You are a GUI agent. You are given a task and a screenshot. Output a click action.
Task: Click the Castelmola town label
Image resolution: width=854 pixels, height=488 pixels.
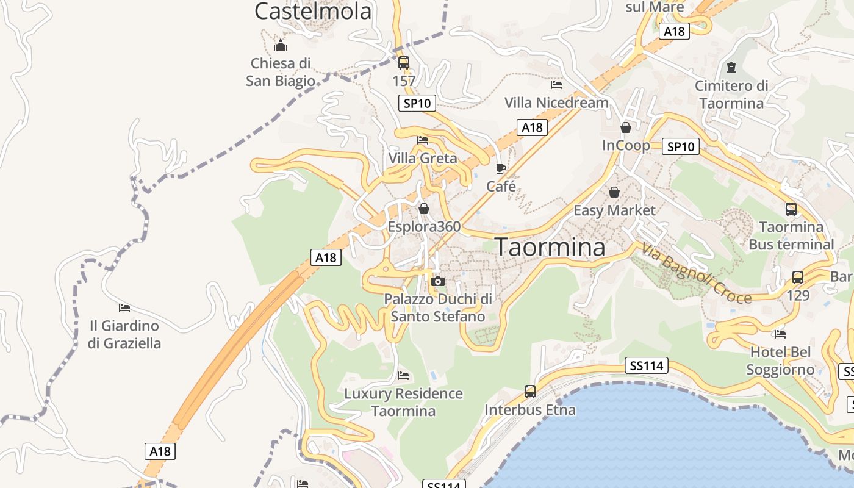313,11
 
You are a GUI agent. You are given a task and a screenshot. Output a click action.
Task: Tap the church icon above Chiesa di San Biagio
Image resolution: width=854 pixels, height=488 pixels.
281,45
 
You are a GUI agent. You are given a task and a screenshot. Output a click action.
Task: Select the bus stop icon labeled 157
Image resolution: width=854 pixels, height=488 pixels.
403,63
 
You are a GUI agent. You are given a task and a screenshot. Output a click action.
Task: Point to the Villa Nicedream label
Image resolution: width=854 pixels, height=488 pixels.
556,102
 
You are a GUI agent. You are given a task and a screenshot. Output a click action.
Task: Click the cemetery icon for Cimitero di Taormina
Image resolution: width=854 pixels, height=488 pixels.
731,67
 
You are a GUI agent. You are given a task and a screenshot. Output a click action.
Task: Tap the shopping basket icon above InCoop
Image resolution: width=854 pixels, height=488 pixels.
626,127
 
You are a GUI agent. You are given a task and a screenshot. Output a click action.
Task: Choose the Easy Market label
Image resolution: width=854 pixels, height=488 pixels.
614,210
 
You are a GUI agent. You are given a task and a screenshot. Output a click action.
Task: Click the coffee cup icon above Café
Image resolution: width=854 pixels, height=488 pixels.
501,168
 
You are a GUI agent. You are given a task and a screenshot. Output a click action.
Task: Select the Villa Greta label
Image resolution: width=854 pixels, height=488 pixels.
423,159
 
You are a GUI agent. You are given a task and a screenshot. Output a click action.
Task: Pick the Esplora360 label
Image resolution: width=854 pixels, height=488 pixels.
424,227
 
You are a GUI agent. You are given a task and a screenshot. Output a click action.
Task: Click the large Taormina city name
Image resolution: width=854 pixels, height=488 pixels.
550,247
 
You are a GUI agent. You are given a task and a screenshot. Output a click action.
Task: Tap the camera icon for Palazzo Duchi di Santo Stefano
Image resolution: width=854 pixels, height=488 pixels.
437,282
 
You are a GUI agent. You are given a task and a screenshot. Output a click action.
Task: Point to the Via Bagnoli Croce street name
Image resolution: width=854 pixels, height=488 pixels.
695,273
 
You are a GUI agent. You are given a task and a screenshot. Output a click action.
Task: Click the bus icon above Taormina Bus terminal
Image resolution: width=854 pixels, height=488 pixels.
791,209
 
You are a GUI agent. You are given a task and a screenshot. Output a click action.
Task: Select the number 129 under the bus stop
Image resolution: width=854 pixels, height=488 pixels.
798,296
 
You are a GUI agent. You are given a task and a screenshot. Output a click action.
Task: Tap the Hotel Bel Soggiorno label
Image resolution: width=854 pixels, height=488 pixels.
780,361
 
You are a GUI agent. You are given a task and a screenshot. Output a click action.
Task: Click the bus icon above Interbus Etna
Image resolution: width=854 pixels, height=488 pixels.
530,392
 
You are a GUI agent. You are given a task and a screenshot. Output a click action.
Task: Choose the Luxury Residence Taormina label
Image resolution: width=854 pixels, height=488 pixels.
403,402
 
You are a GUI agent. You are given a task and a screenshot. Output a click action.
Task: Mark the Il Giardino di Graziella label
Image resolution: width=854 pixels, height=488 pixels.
124,334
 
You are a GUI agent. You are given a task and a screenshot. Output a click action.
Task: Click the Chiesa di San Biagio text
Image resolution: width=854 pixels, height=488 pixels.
281,72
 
